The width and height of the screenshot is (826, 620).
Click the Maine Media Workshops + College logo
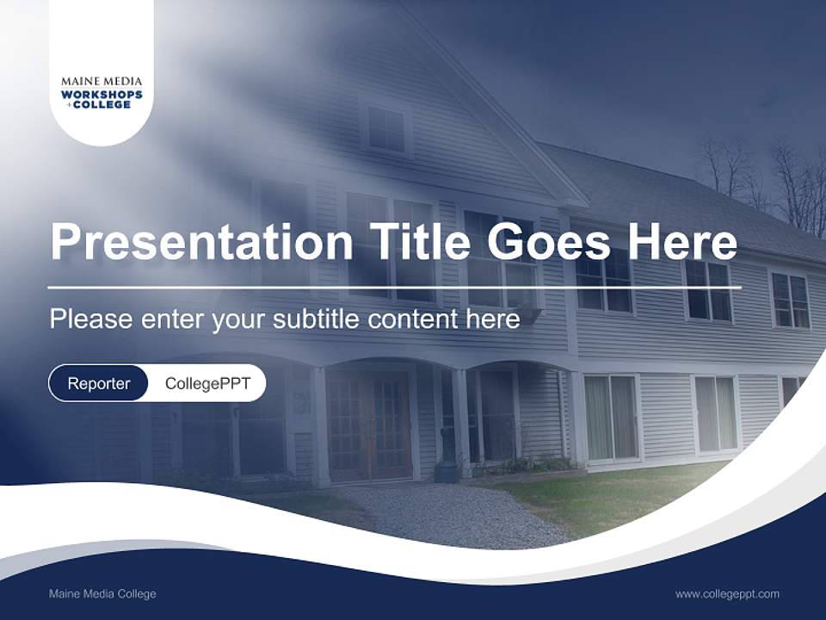[x=102, y=93]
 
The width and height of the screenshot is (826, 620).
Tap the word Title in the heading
[x=419, y=242]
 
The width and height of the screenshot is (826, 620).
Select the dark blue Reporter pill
[x=99, y=383]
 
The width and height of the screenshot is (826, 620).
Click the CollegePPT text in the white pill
[x=207, y=383]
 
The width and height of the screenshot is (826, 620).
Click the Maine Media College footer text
[x=102, y=593]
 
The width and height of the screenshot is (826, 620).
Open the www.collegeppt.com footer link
[x=727, y=593]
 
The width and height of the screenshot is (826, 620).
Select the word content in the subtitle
[x=414, y=319]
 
